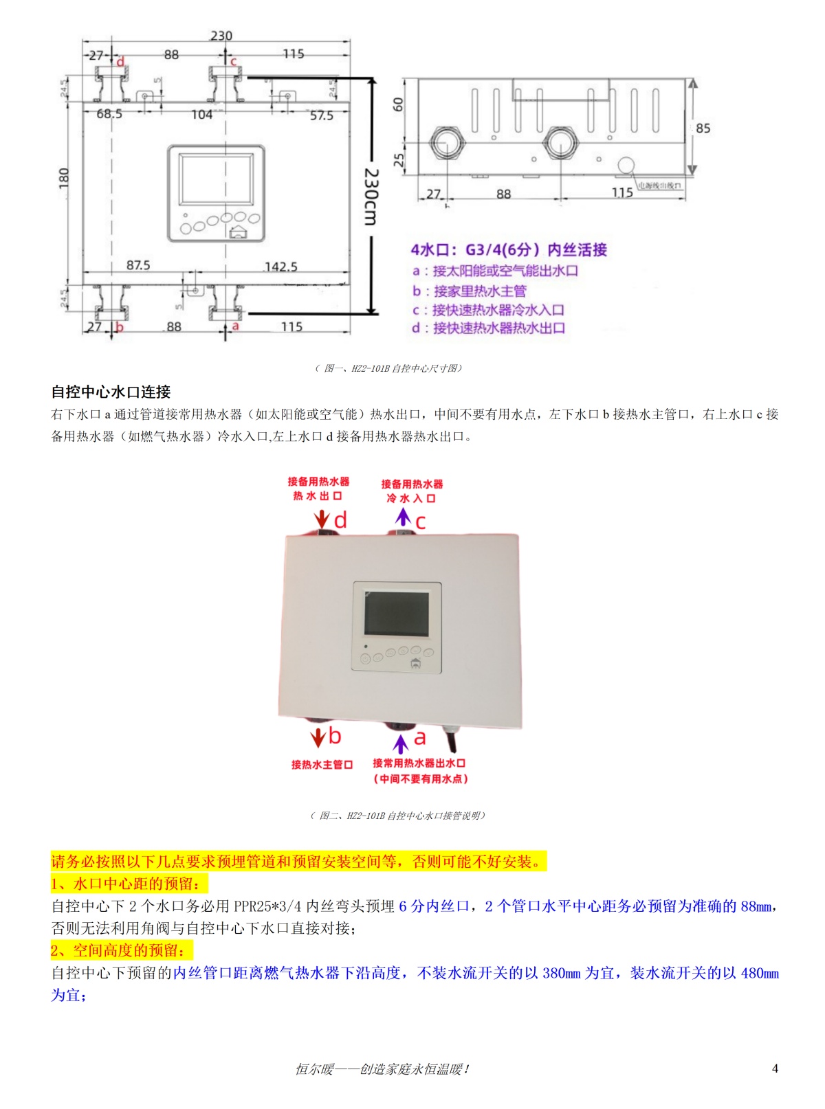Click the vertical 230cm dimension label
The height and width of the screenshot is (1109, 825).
371,197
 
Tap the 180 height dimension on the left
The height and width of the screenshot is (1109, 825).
65,178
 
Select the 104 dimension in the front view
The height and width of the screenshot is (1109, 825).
201,115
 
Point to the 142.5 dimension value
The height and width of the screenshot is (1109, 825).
280,266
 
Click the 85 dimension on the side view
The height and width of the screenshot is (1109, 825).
703,128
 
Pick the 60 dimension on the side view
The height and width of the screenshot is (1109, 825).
398,104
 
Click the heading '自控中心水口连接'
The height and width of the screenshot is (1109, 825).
111,392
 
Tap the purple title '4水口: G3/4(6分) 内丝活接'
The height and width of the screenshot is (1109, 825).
509,249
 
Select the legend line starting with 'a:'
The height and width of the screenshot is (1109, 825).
495,271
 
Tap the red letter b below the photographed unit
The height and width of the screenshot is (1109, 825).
335,736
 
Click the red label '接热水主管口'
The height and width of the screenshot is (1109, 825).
322,764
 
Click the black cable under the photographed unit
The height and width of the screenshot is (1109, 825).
452,740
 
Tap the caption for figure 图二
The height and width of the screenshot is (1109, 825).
397,816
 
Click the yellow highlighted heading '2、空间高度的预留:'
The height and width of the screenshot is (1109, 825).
121,950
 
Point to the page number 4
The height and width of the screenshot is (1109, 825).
775,1068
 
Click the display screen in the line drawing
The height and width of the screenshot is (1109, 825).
215,179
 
